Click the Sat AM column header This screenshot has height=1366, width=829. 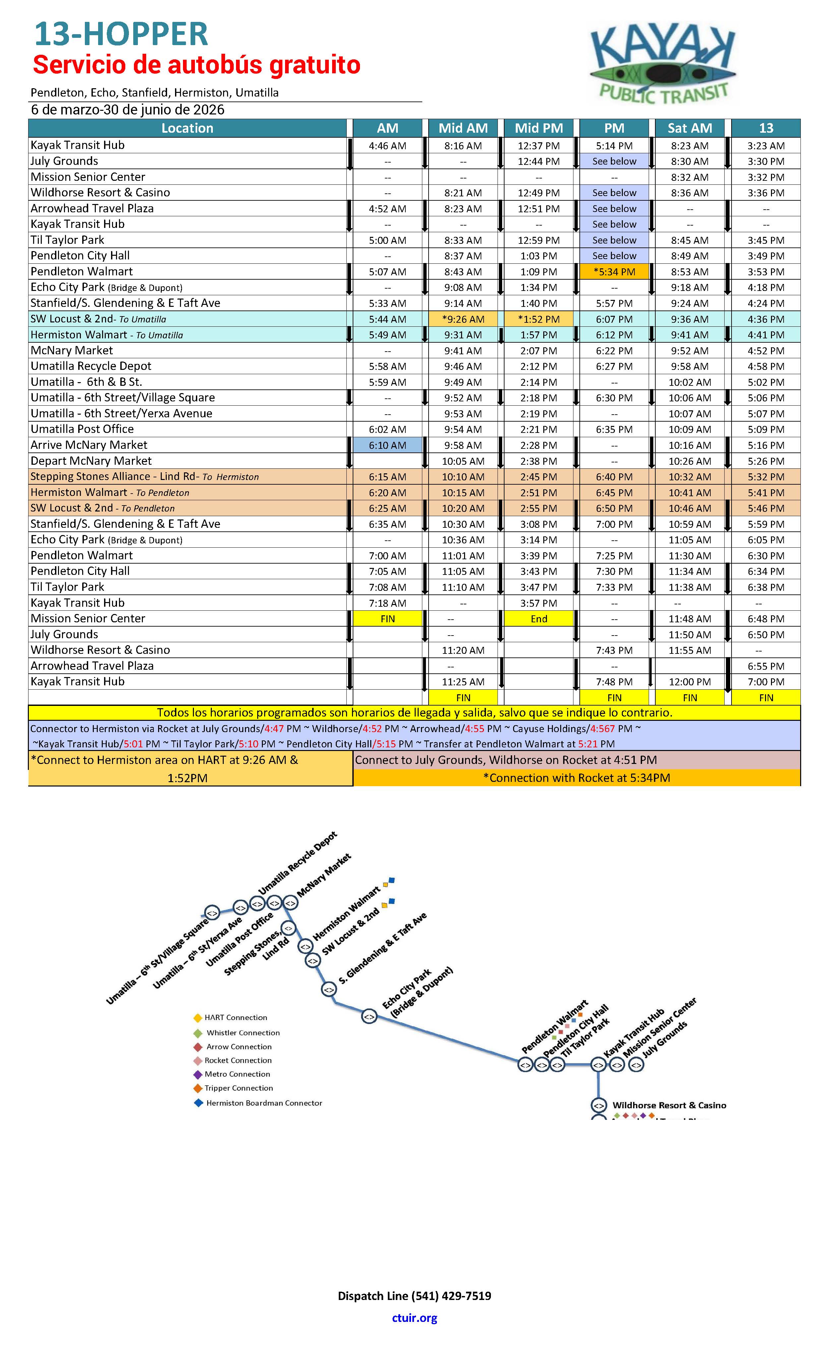[x=689, y=128]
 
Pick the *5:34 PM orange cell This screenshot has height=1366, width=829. [x=614, y=272]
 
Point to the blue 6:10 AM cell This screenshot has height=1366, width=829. [x=387, y=445]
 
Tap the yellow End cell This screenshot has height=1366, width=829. [x=539, y=619]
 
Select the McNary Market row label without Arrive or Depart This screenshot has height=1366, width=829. [x=72, y=350]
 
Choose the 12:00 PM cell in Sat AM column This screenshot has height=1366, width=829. [x=689, y=682]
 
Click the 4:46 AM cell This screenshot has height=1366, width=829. [x=387, y=146]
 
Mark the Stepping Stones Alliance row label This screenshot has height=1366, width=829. [x=144, y=477]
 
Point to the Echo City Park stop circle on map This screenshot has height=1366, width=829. [x=369, y=1016]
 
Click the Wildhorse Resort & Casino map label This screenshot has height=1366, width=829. [x=669, y=1105]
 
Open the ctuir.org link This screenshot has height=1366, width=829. [x=414, y=1318]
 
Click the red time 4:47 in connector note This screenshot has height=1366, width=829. [x=274, y=728]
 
